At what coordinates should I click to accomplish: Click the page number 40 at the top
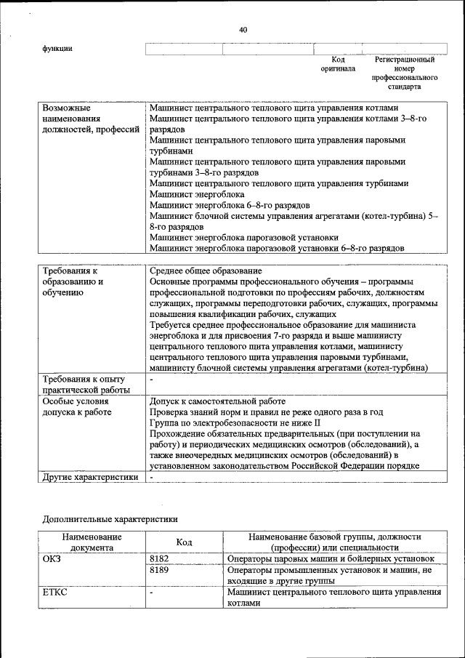click(243, 30)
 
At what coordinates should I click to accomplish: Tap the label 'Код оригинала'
click(338, 64)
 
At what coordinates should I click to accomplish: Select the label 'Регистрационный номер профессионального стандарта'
click(405, 73)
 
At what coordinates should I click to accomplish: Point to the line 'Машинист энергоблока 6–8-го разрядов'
click(230, 206)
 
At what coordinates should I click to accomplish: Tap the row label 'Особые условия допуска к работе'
click(77, 407)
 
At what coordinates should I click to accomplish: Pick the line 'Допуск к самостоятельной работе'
click(217, 401)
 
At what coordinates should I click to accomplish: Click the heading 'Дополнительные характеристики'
click(110, 519)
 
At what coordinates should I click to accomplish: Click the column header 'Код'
click(184, 542)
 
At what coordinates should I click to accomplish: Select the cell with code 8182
click(159, 559)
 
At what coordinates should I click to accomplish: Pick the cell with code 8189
click(159, 571)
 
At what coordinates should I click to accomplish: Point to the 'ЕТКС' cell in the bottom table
click(55, 593)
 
